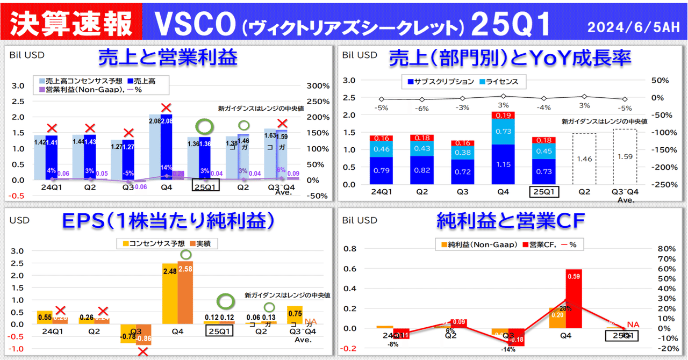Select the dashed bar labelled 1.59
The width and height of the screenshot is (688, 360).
[x=625, y=157]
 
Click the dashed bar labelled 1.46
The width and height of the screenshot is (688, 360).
[x=584, y=159]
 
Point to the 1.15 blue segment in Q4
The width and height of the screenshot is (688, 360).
[x=503, y=164]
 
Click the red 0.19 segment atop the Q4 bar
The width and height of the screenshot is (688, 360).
[x=503, y=115]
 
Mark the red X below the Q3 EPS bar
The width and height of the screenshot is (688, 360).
[x=142, y=352]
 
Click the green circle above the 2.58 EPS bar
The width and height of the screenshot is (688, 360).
[x=186, y=254]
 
